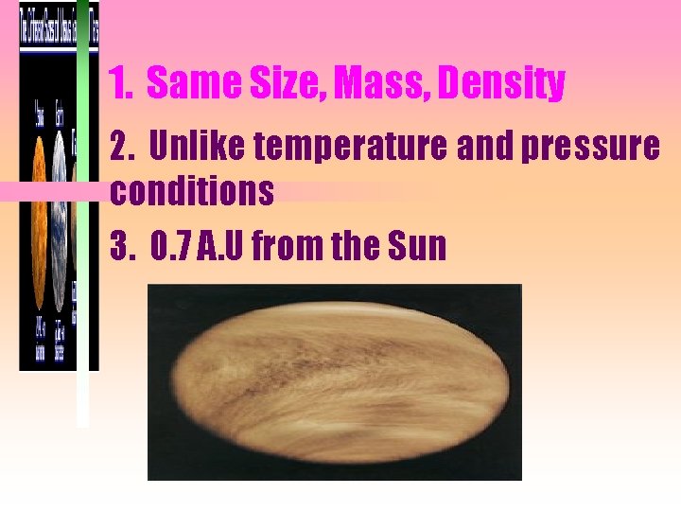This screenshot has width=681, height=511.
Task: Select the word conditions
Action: [192, 192]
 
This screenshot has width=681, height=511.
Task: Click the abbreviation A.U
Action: [223, 246]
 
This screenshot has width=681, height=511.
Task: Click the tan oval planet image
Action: [334, 382]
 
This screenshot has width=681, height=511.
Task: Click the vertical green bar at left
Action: [82, 284]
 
